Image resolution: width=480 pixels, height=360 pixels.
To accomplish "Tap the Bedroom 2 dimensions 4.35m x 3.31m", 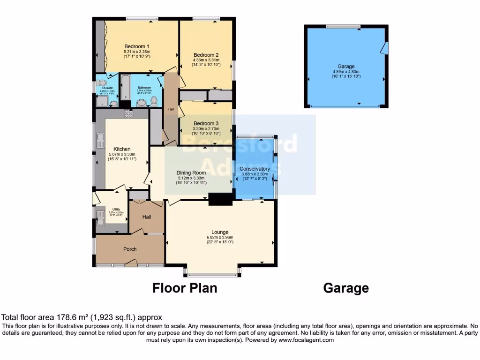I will pos(206,60).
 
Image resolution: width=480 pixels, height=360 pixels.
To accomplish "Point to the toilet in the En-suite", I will pos(103,82).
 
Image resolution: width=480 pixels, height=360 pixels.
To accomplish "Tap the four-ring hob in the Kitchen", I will pos(129,113).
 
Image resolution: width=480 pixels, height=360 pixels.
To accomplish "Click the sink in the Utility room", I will pos(100,217).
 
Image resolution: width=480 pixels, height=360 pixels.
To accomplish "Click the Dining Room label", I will pos(191,172).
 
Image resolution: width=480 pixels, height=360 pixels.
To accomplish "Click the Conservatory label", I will pos(255,169).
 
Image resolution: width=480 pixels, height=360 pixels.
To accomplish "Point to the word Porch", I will pos(130,249).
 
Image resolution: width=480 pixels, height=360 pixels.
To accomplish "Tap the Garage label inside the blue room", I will pos(346,67).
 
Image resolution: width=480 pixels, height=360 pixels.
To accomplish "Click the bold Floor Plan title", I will pos(185,288).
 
